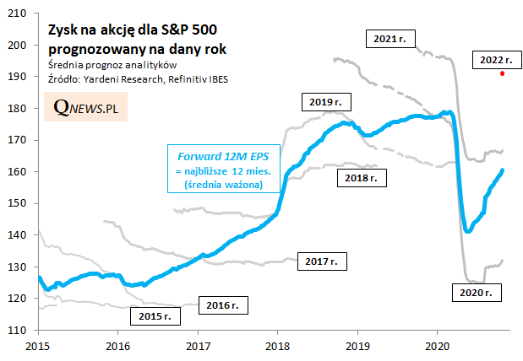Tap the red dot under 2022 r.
pos(503,73)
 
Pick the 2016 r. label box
pos(223,304)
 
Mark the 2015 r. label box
pos(155,317)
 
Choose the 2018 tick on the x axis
pos(278,346)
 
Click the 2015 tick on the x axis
pos(38,346)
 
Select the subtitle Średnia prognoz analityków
pos(112,66)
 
